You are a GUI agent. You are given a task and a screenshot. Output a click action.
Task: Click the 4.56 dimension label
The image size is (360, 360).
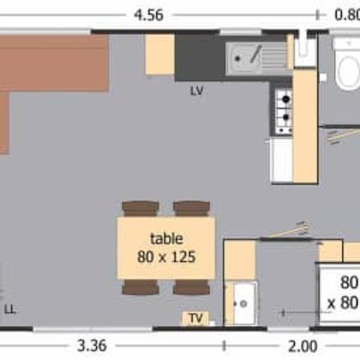(148, 15)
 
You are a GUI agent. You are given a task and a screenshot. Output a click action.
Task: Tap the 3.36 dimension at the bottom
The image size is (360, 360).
(92, 346)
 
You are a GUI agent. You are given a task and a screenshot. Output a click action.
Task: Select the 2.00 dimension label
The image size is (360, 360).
(303, 346)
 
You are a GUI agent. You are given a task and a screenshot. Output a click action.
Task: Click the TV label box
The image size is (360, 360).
(196, 319)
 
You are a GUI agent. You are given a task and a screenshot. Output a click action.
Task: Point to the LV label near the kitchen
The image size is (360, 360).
(197, 91)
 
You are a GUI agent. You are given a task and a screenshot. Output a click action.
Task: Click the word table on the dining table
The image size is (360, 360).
(166, 238)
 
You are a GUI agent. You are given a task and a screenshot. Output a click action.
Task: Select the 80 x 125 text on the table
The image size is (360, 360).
(166, 256)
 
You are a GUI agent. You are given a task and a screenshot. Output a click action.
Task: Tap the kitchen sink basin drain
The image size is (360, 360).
(237, 59)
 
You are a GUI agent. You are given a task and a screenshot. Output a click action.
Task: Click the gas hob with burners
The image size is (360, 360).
(283, 111)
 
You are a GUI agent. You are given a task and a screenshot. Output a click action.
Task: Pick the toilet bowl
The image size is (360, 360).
(349, 73)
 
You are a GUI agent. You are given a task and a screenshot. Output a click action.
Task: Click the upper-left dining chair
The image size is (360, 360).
(140, 208)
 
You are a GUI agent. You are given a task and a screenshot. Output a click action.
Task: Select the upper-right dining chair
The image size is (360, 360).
(192, 208)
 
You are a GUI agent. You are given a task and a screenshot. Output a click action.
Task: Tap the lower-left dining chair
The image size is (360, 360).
(140, 287)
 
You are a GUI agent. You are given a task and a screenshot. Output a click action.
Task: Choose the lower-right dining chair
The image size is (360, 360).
(192, 287)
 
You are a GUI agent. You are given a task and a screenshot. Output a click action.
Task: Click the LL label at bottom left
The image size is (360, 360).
(10, 310)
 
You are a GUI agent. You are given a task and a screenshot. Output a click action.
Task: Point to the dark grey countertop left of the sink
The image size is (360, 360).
(200, 58)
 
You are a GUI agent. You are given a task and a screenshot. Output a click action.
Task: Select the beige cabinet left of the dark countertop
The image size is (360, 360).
(160, 55)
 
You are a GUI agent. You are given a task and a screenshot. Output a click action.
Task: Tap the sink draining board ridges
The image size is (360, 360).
(274, 58)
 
